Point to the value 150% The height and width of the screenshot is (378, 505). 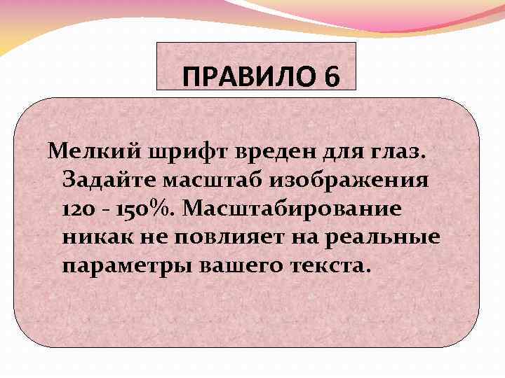click(x=148, y=209)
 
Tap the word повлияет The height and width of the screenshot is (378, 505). click(x=234, y=238)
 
